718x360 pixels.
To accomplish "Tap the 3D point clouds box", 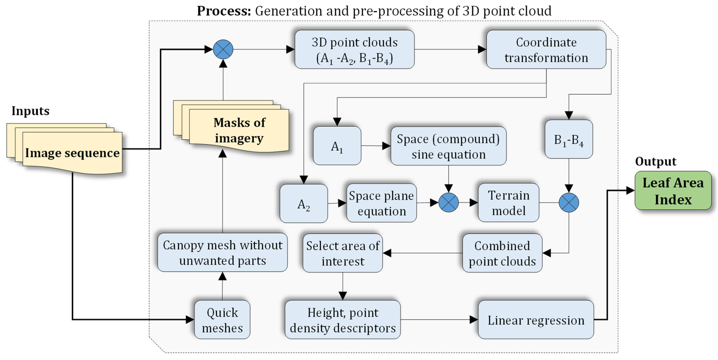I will tap(354, 50).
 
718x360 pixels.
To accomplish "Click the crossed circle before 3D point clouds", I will tap(223, 49).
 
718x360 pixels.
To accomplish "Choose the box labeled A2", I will tap(303, 203).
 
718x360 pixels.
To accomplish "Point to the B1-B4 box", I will tap(569, 139).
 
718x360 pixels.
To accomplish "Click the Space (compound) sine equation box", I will tap(448, 146).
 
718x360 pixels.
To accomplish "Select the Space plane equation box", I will tap(381, 203).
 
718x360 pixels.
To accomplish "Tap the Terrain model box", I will tap(508, 203).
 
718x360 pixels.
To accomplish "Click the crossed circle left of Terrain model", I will tap(448, 203).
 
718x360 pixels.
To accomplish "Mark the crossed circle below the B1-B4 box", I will tap(569, 203).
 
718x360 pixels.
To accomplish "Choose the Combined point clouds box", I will tap(502, 253).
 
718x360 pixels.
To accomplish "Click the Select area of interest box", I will tap(343, 253).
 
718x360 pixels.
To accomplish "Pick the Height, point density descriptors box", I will tap(343, 320).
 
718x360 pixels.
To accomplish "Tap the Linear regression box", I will tap(535, 320).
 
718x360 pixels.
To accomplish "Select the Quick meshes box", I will tap(222, 320).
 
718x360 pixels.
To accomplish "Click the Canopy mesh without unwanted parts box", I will tap(222, 252).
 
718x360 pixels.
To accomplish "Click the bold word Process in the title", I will tap(224, 11).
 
